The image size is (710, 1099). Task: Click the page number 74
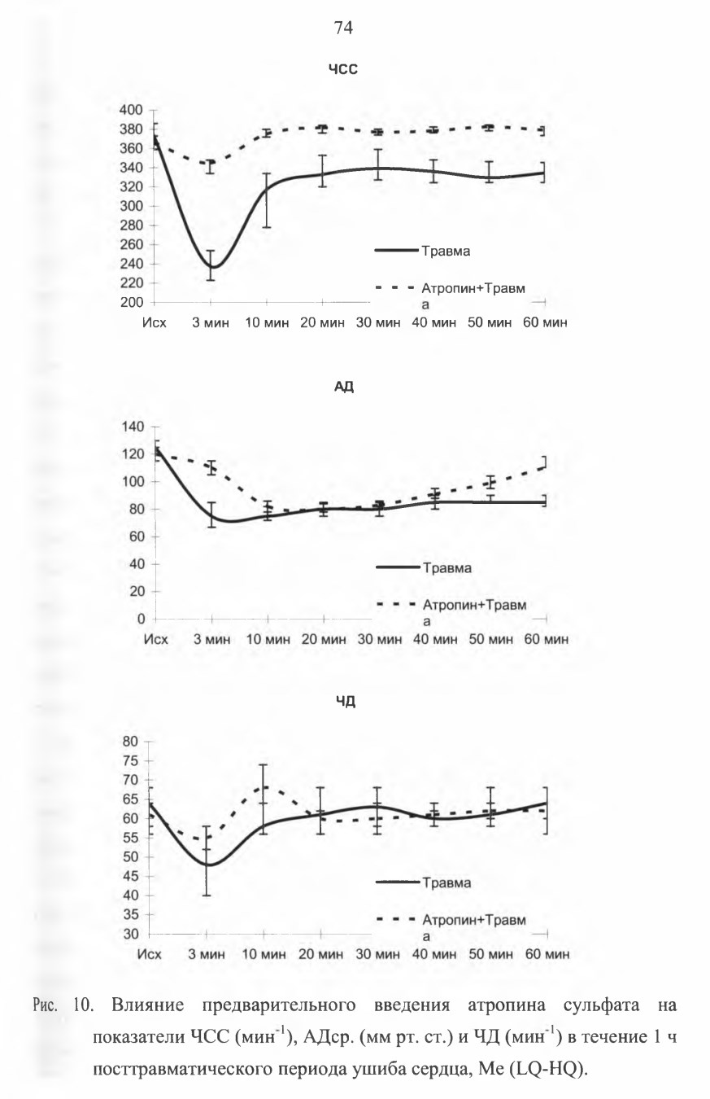[343, 28]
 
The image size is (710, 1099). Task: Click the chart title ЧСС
[343, 70]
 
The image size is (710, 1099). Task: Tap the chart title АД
[344, 387]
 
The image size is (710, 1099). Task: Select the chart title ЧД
[346, 702]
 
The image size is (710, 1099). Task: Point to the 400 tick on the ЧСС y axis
[131, 110]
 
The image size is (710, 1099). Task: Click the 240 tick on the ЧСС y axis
[131, 264]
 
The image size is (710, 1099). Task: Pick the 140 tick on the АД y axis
[133, 427]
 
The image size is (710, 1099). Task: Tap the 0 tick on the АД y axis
[142, 620]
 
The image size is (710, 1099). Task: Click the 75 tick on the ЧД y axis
[131, 761]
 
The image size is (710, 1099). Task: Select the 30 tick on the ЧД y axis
[131, 935]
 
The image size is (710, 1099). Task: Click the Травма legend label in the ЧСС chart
[446, 252]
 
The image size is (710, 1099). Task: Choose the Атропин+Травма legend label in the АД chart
[474, 612]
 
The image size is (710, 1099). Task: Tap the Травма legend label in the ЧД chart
[446, 883]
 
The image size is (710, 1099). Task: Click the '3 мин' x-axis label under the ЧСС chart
[211, 323]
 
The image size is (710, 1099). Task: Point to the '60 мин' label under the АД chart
[547, 639]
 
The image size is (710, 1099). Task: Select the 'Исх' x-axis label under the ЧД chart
[149, 954]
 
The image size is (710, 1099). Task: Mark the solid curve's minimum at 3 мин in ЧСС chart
[213, 267]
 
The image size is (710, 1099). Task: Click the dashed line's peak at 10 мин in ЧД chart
[264, 786]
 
